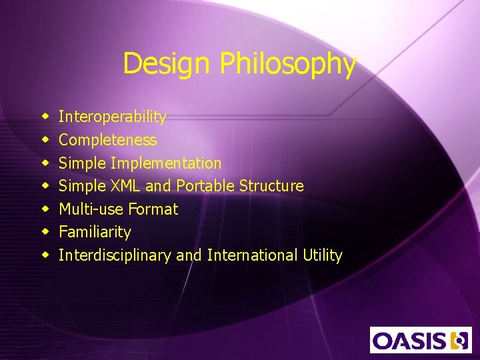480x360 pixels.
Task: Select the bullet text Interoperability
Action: tap(113, 117)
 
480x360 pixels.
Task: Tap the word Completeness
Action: tap(108, 140)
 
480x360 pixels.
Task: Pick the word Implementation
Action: tap(166, 163)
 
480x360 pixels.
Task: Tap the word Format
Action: tap(153, 209)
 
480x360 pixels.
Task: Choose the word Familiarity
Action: tap(95, 232)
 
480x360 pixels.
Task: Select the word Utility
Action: tap(321, 255)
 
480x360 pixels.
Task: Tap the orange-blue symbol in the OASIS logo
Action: tap(460, 340)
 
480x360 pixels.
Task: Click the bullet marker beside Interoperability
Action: tap(46, 117)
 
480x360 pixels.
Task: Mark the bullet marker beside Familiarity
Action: tap(46, 233)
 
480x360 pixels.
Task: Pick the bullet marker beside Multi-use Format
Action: tap(46, 210)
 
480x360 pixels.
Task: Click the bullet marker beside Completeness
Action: tap(46, 141)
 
